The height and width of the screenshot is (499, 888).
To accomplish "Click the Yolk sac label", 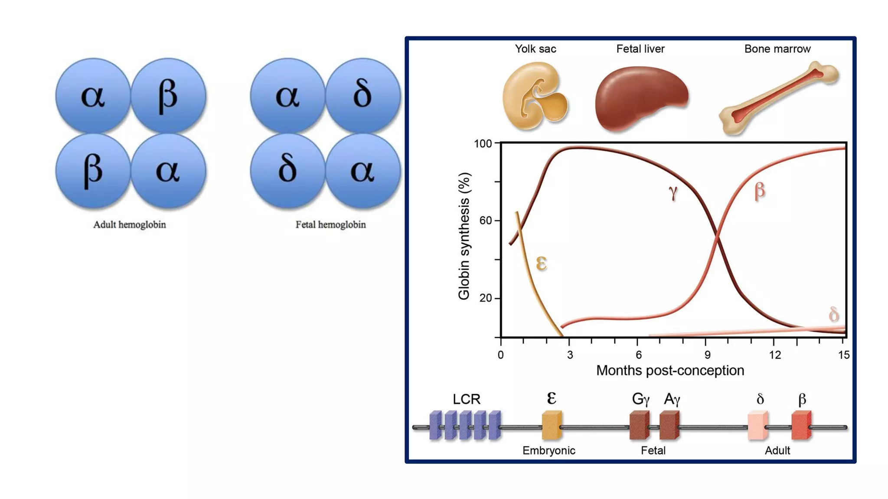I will pyautogui.click(x=535, y=49).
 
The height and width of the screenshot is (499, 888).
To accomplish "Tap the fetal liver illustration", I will pyautogui.click(x=641, y=98).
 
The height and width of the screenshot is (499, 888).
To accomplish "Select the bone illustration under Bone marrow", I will pyautogui.click(x=778, y=97).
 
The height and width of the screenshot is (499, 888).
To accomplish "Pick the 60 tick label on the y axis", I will pyautogui.click(x=486, y=220).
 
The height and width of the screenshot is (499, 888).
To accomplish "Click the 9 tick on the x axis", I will pyautogui.click(x=707, y=355).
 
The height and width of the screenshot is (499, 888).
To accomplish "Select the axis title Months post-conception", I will pyautogui.click(x=670, y=371).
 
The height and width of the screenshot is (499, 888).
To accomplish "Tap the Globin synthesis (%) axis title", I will pyautogui.click(x=464, y=236).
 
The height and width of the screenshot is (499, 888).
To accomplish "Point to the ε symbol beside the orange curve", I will pyautogui.click(x=541, y=263).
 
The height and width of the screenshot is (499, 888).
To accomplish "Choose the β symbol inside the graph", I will pyautogui.click(x=760, y=191).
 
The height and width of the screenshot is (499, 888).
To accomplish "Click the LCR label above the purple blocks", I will pyautogui.click(x=466, y=399).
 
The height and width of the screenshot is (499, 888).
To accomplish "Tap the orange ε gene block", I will pyautogui.click(x=552, y=425).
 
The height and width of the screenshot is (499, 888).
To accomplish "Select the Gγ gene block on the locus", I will pyautogui.click(x=639, y=425).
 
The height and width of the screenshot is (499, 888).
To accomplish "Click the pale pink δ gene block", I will pyautogui.click(x=757, y=426).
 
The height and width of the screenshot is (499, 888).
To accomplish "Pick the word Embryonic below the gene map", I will pyautogui.click(x=548, y=450).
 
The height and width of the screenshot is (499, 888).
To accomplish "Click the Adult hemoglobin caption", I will pyautogui.click(x=129, y=224).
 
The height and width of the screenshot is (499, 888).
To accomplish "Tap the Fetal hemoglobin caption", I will pyautogui.click(x=330, y=224).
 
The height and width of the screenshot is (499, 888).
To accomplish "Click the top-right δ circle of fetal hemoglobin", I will pyautogui.click(x=362, y=95).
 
